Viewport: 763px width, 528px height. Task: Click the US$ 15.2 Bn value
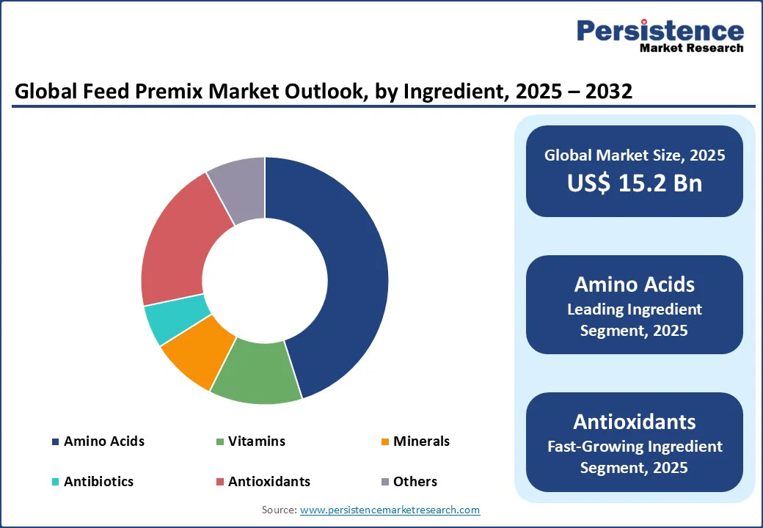pyautogui.click(x=635, y=183)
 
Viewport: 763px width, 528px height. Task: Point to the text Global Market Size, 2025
pyautogui.click(x=635, y=155)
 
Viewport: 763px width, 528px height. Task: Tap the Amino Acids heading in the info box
pyautogui.click(x=635, y=285)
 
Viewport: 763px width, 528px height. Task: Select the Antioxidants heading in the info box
pyautogui.click(x=635, y=422)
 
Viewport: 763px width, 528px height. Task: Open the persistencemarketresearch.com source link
pyautogui.click(x=390, y=510)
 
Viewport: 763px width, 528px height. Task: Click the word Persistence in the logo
pyautogui.click(x=660, y=31)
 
